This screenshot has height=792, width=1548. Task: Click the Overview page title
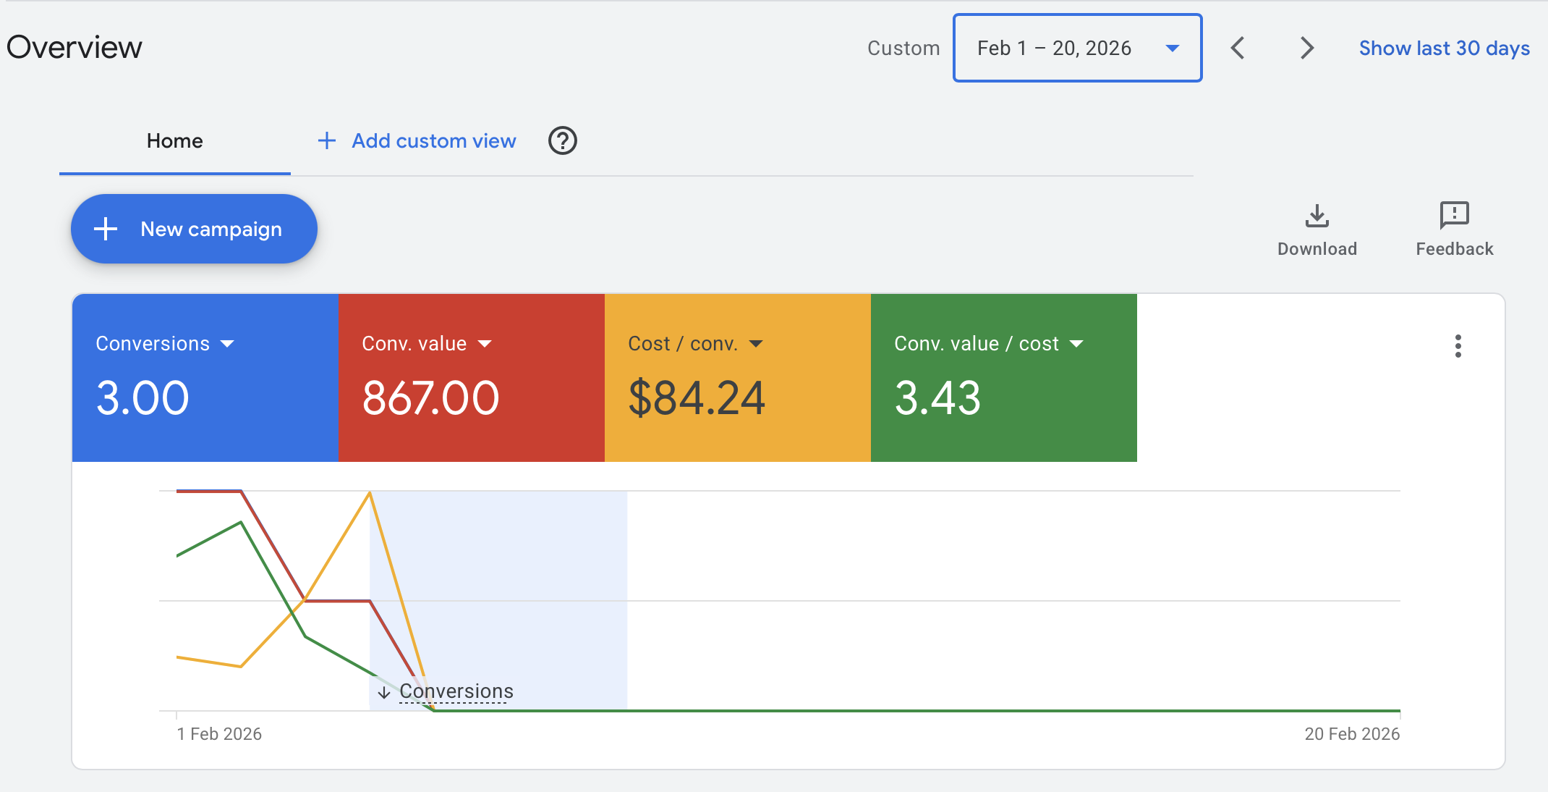click(x=75, y=48)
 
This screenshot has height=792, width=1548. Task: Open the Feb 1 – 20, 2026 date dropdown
click(x=1077, y=48)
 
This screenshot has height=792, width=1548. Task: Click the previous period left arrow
click(x=1238, y=48)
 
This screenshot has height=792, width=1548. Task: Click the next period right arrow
click(x=1306, y=48)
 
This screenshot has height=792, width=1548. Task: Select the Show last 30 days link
click(x=1444, y=48)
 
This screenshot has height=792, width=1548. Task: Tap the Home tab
click(x=174, y=141)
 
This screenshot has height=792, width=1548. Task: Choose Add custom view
click(x=417, y=141)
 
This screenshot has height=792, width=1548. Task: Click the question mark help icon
click(x=562, y=140)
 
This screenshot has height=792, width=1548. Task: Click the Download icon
click(x=1317, y=216)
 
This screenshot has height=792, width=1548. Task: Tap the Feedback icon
click(x=1454, y=216)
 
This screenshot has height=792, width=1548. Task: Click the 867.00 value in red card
click(x=430, y=398)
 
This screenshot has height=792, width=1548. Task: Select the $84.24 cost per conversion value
click(x=697, y=398)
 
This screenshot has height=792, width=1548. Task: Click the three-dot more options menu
click(x=1458, y=346)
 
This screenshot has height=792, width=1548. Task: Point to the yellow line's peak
click(x=370, y=493)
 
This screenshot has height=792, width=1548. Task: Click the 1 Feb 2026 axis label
click(x=219, y=734)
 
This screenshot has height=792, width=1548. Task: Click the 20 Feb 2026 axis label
click(x=1351, y=734)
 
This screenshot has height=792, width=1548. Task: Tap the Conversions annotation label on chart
click(x=456, y=691)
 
